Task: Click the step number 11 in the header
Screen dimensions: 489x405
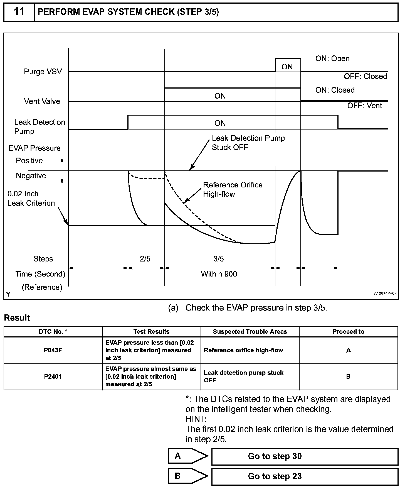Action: point(19,12)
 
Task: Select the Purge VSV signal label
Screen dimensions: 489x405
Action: point(43,72)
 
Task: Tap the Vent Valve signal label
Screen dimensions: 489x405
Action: point(42,101)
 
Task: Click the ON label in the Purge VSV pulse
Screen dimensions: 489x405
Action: point(287,67)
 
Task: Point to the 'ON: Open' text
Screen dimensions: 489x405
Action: point(332,59)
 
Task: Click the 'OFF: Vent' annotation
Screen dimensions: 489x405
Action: point(364,106)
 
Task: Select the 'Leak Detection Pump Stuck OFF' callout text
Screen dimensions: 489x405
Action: point(248,143)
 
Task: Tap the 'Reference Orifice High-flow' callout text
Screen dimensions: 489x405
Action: point(233,189)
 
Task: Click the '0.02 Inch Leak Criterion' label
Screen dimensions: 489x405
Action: point(31,199)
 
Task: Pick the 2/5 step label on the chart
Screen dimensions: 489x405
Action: point(145,259)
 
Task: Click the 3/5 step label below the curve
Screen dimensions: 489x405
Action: point(219,259)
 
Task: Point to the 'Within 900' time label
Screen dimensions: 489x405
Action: point(219,274)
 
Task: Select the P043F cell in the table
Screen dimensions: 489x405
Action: point(53,350)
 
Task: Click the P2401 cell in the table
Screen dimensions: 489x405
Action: point(53,377)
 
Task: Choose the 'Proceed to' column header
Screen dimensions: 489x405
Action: point(348,332)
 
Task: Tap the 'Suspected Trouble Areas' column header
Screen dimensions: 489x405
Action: point(250,332)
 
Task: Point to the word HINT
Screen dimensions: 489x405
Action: point(196,419)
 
